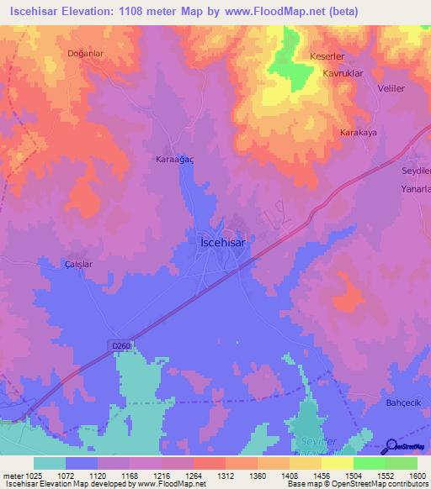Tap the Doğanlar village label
[85, 53]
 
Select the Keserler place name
[327, 57]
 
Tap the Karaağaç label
[175, 159]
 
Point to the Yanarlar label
[415, 190]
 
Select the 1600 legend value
[417, 476]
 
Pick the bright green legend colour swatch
[370, 463]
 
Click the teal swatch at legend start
[50, 463]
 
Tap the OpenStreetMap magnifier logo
[391, 446]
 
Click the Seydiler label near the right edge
[416, 171]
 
